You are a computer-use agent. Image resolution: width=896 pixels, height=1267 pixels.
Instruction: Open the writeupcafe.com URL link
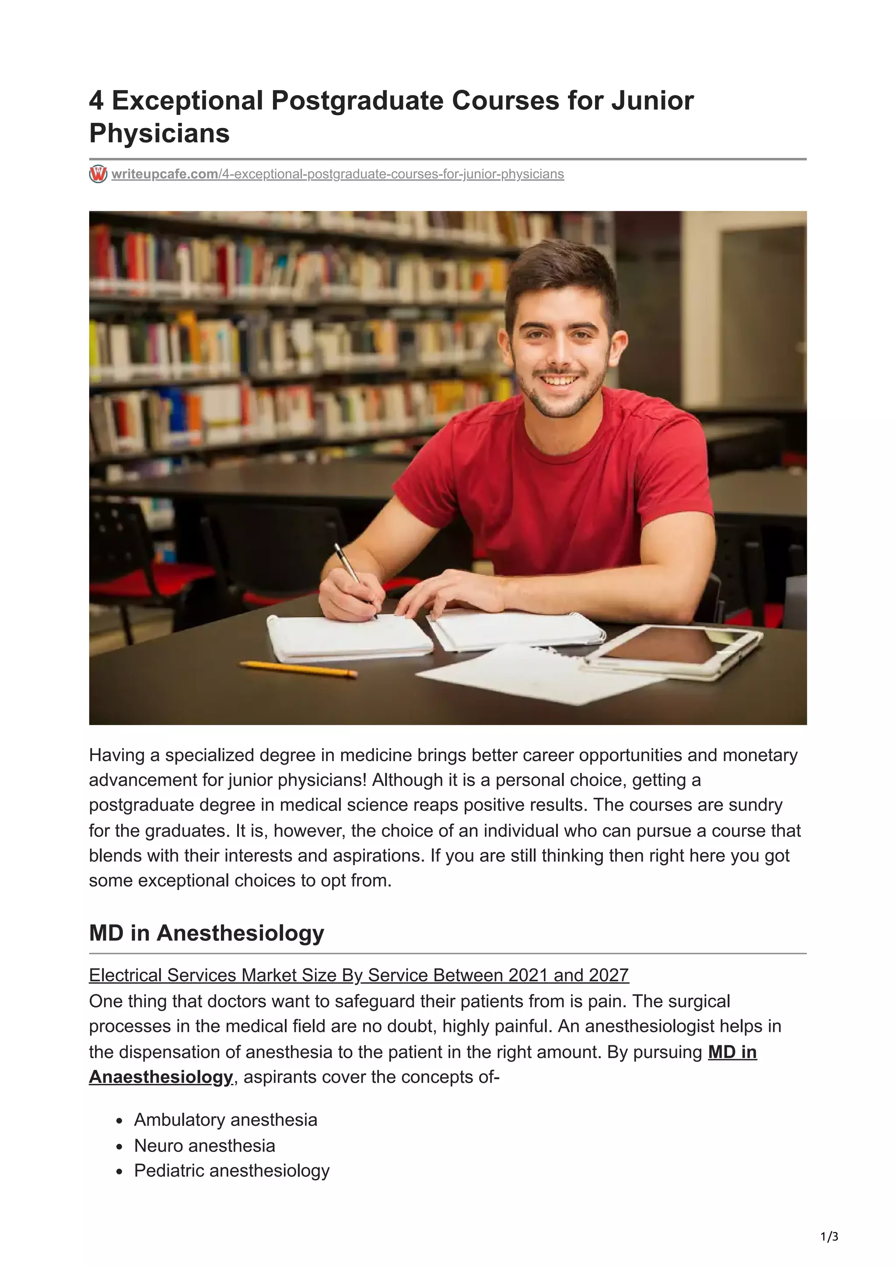pos(337,174)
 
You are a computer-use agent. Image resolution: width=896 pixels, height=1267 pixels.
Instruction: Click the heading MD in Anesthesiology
pos(206,933)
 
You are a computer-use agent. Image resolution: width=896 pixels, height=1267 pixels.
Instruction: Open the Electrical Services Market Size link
pos(359,975)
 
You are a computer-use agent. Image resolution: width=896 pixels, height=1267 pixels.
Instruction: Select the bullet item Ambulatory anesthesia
pos(225,1120)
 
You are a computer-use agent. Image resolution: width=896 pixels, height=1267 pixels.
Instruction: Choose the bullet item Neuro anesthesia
pos(204,1145)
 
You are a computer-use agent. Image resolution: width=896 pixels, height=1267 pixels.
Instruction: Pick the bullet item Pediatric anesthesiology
pos(231,1170)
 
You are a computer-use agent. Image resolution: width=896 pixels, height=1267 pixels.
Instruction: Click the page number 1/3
pos(829,1237)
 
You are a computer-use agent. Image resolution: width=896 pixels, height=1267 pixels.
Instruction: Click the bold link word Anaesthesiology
pos(161,1077)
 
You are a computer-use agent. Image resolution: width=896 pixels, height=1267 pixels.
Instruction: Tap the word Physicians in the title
pos(159,133)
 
